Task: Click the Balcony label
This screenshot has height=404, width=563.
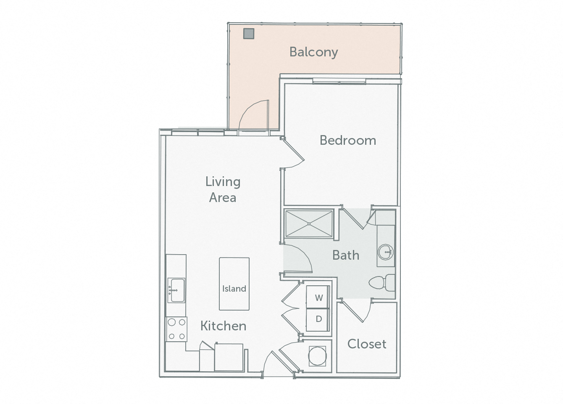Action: coord(313,52)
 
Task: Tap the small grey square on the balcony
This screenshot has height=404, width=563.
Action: coord(249,33)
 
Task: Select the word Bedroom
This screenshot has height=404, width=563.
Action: coord(347,140)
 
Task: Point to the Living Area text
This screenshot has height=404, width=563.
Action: coord(223,189)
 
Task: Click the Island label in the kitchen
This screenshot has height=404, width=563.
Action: coord(234,289)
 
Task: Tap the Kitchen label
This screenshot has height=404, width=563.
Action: coord(223,326)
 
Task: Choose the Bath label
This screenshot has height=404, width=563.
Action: coord(345,255)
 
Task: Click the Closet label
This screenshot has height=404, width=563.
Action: coord(366,344)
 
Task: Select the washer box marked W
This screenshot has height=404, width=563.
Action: coord(319,298)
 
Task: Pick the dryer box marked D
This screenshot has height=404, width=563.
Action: coord(319,319)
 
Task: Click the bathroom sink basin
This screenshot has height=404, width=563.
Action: coord(385,252)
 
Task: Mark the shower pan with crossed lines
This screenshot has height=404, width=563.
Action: coord(309,224)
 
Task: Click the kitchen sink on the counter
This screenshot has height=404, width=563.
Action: coord(176,290)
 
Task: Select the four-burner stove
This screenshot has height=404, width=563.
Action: coord(176,329)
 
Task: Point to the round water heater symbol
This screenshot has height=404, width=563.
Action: coord(317,356)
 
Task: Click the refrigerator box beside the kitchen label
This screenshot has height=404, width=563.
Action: coord(229,357)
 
